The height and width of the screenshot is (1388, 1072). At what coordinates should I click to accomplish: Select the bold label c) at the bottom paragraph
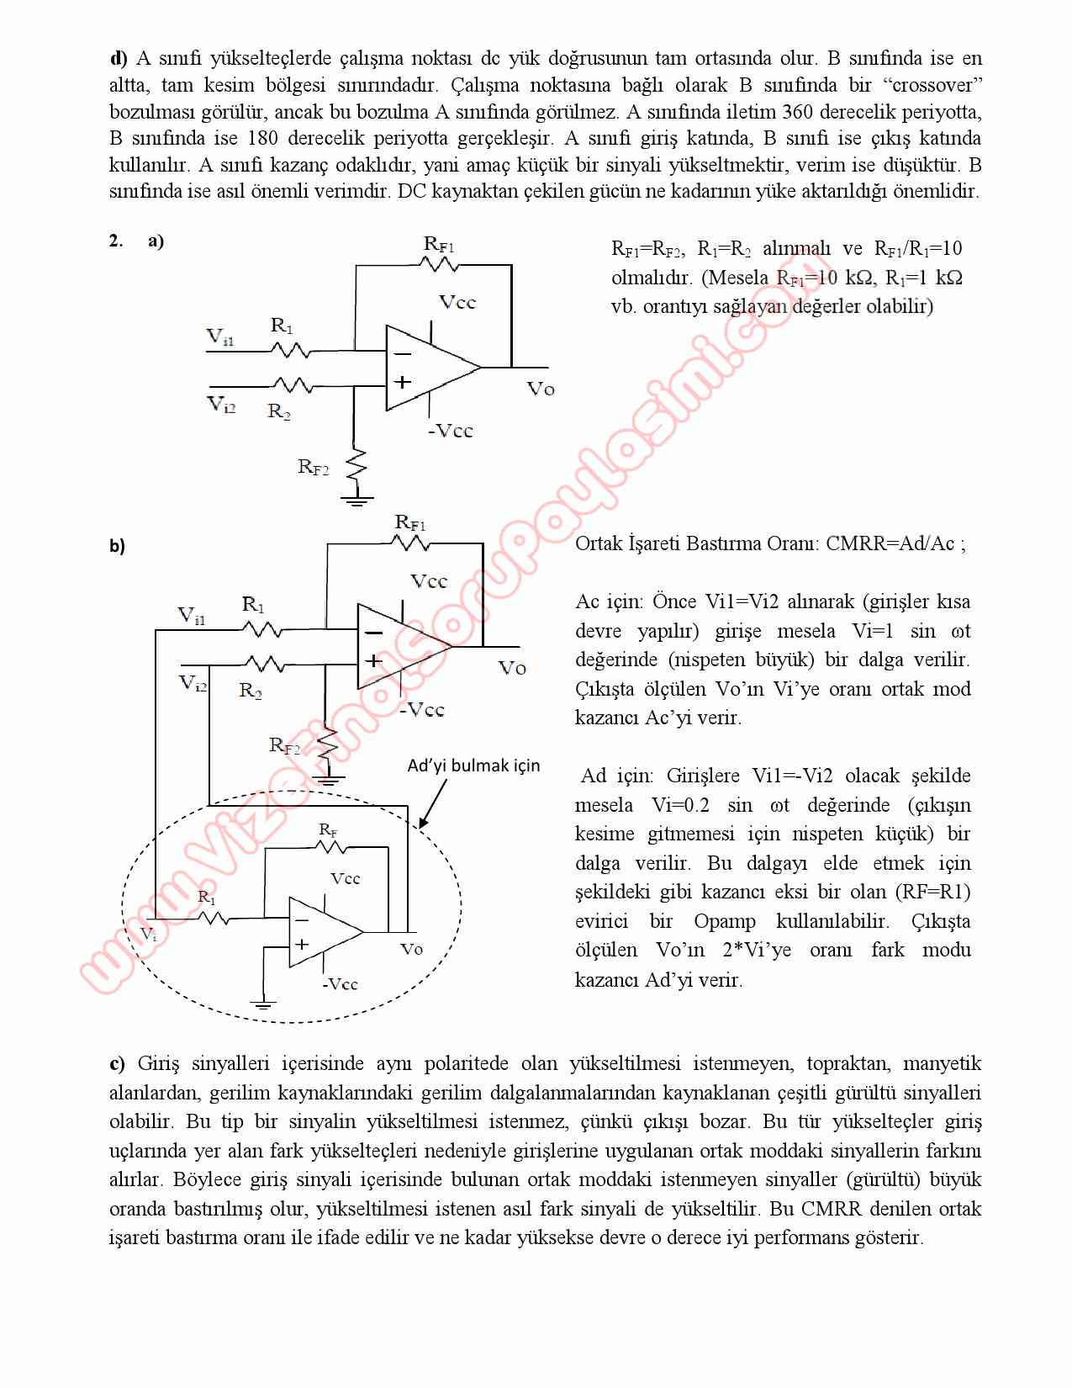pos(117,1064)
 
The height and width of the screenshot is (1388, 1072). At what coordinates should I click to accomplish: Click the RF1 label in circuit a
pos(439,244)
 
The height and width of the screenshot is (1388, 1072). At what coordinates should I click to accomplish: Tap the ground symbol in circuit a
pos(356,501)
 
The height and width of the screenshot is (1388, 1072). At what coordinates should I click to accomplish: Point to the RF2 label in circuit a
pos(313,467)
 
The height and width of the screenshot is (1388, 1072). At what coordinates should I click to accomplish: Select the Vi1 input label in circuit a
pos(220,337)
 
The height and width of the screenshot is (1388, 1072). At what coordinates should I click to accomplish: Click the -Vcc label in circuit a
pos(451,431)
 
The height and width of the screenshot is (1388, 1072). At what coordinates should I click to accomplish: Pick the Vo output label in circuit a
pos(541,389)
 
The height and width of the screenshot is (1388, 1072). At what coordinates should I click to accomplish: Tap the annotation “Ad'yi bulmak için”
pos(473,766)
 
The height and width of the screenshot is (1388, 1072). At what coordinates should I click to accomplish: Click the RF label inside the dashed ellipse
pos(328,830)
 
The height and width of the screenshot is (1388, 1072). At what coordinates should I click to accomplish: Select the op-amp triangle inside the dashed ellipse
pos(323,932)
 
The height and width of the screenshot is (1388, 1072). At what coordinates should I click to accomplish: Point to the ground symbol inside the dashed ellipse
pos(264,1003)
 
